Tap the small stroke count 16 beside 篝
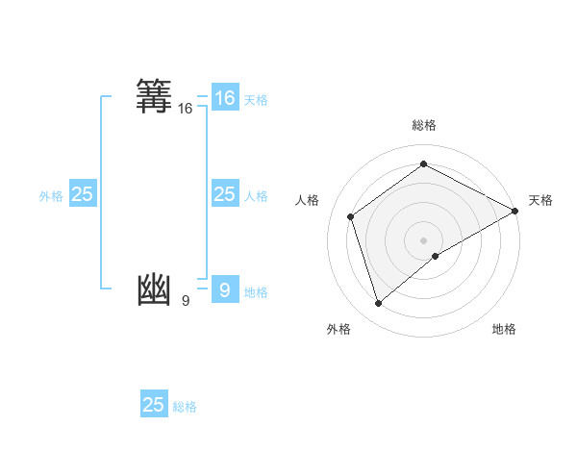coord(186,110)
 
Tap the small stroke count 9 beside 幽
coord(186,301)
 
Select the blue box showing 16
coord(224,98)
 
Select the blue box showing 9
coord(224,289)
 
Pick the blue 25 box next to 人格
coord(224,194)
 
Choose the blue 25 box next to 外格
coord(83,194)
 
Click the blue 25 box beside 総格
coord(154,405)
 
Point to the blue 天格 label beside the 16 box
coord(256,99)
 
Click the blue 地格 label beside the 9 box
coord(256,292)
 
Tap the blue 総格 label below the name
coord(185,407)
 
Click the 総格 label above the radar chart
coord(424,125)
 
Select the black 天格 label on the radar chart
coord(540,200)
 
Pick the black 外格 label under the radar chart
coord(339,329)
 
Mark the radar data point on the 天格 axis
coord(515,211)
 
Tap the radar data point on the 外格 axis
coord(378,304)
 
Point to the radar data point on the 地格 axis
coord(436,256)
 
